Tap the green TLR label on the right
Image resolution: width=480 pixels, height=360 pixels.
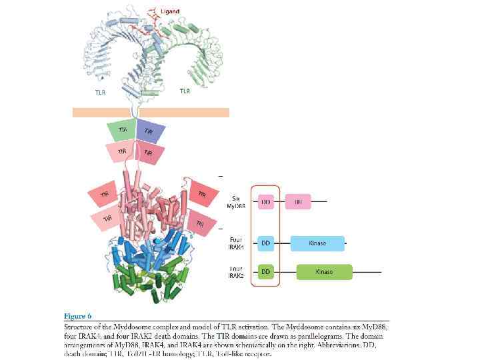[184, 91]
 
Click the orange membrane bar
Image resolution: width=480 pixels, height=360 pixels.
[151, 112]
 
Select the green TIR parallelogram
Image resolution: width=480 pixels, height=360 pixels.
[121, 130]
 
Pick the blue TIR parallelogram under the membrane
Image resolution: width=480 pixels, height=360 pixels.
[149, 131]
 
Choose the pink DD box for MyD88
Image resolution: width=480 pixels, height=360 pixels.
[265, 200]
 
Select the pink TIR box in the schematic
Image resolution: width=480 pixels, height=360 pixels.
[297, 200]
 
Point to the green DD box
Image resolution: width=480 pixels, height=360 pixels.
[265, 271]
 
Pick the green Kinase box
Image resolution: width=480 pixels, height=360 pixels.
[324, 271]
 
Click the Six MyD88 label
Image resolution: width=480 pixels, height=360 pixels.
[238, 201]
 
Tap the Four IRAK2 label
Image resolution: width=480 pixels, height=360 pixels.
[237, 271]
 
